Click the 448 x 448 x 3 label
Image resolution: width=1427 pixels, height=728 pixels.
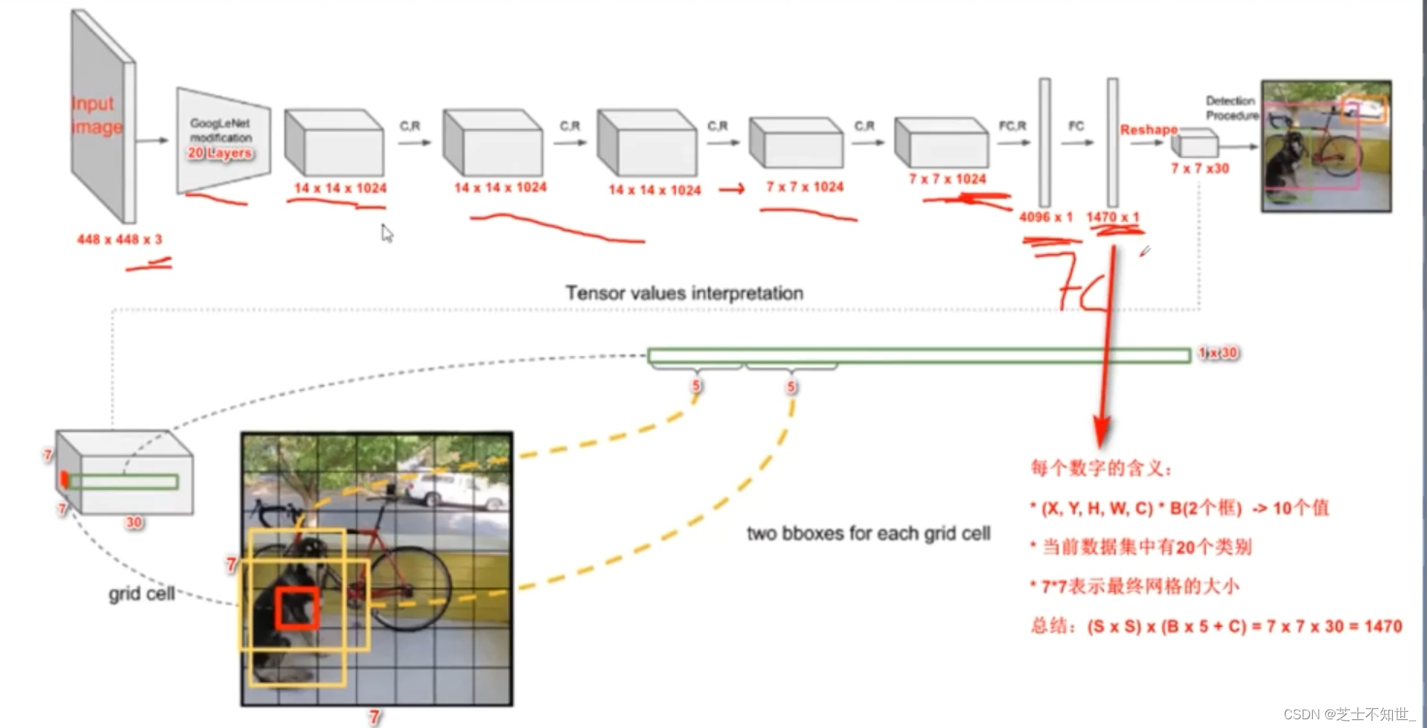[x=119, y=240]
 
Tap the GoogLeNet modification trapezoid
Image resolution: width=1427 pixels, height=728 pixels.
[x=222, y=138]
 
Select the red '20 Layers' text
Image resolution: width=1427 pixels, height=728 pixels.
[x=220, y=153]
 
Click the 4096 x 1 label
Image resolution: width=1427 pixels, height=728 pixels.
[x=1046, y=217]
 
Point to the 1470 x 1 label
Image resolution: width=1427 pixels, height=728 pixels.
[x=1113, y=217]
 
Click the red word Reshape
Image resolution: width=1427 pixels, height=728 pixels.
[x=1148, y=130]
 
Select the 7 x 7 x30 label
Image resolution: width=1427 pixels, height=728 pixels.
[x=1199, y=169]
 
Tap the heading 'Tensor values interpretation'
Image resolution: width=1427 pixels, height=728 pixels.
[x=684, y=293]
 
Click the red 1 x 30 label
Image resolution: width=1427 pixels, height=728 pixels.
[x=1218, y=353]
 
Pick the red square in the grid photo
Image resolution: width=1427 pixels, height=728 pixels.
[x=297, y=608]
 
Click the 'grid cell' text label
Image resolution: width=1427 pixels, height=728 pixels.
[x=141, y=594]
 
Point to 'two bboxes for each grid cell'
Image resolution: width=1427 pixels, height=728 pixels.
[x=868, y=534]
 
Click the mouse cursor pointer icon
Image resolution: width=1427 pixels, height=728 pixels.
[x=386, y=233]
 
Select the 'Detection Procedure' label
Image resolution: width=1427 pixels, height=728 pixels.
[x=1231, y=108]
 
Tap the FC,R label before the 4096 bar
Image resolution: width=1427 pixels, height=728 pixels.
[x=1012, y=126]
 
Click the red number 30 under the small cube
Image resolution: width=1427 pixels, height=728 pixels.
[x=134, y=522]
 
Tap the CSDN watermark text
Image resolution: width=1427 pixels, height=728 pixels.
[x=1348, y=714]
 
